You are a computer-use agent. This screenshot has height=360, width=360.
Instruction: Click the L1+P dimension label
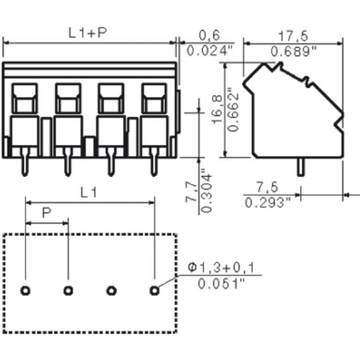88,33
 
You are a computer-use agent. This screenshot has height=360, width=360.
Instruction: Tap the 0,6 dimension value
210,35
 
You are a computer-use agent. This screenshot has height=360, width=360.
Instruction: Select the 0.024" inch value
210,50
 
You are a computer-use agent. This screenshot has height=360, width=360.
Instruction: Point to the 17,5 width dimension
293,36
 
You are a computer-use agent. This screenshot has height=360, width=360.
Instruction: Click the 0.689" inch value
294,51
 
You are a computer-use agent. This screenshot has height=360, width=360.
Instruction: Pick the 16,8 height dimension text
217,109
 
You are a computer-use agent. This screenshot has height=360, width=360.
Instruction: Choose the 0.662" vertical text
233,110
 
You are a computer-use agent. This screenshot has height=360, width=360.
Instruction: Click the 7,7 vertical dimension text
191,192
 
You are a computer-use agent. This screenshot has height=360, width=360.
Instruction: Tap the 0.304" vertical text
207,191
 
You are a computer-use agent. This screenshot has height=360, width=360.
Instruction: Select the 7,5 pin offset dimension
267,187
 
